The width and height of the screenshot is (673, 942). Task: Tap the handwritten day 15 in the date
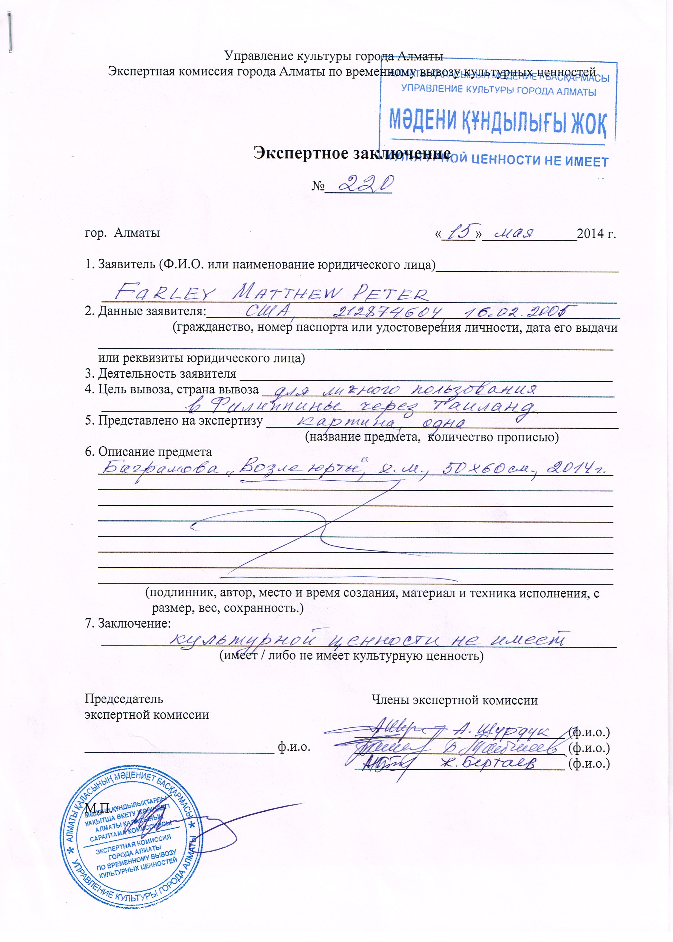pos(459,233)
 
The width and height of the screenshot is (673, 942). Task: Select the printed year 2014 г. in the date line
pos(596,234)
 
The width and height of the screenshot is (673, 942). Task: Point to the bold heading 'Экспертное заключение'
pos(352,153)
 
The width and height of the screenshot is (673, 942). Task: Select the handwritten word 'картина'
pos(347,422)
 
